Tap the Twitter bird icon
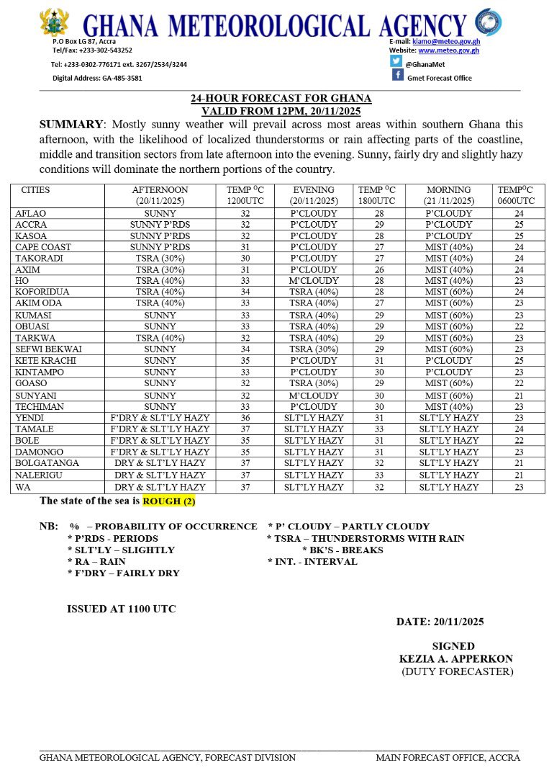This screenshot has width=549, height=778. pos(396,61)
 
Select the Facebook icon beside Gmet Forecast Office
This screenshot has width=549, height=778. pos(397,75)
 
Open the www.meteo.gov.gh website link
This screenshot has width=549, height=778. pos(449,51)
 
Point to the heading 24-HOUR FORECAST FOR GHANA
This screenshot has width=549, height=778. pos(281,99)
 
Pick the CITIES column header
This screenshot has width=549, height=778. pos(36,190)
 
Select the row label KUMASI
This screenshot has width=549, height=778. pos(34,315)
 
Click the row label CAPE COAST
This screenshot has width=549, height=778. pos(43,247)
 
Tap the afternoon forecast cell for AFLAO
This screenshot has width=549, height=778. pos(160,214)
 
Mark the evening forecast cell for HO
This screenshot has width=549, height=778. pos(314,281)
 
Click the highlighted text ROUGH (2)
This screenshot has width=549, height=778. pos(169,501)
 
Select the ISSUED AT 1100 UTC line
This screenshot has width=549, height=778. pos(122,609)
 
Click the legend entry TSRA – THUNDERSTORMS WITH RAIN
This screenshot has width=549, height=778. pos(366,538)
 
